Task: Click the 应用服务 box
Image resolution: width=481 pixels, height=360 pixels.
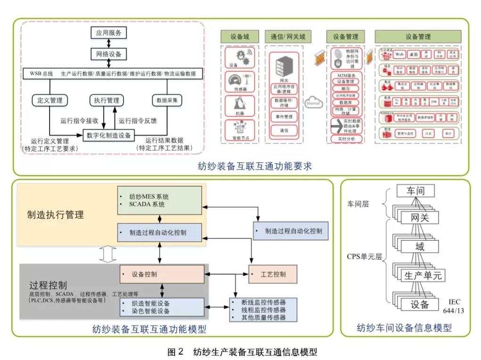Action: [109, 33]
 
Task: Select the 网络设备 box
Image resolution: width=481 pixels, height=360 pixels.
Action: [109, 54]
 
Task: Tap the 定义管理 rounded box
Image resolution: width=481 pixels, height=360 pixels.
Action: [50, 100]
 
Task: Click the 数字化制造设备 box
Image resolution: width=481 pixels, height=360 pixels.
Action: [109, 135]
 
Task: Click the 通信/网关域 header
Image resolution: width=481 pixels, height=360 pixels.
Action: [288, 36]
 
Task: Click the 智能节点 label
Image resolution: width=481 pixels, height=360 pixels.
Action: [240, 138]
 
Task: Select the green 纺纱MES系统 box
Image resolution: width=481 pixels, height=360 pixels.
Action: [160, 200]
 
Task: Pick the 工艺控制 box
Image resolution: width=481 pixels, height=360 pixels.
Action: [273, 274]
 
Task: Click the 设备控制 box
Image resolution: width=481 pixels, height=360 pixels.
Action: [162, 274]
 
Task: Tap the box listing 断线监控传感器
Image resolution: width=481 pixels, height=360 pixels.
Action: [263, 310]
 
